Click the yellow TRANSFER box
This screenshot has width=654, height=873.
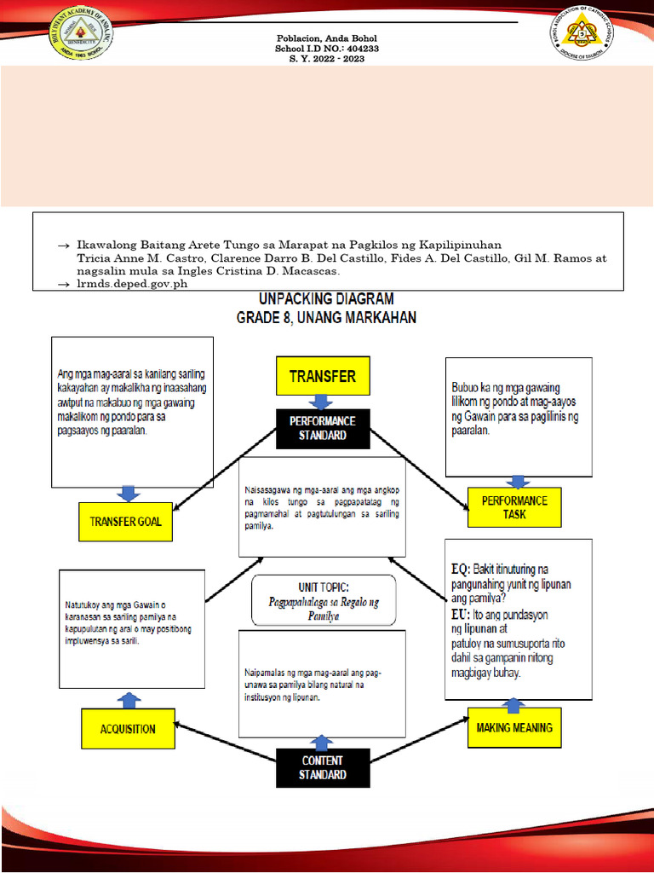(323, 376)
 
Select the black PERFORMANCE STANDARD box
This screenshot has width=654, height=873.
(323, 428)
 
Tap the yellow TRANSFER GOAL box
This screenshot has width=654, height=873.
(125, 522)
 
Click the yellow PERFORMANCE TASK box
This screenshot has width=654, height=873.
(514, 507)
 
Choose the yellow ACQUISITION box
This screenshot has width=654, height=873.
(128, 729)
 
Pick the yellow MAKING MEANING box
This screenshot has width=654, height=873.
(514, 727)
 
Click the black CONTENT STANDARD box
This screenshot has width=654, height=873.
(323, 767)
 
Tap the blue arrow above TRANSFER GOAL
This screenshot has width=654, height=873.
(127, 493)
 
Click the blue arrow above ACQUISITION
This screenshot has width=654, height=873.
(129, 700)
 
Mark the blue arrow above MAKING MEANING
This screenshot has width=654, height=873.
(514, 705)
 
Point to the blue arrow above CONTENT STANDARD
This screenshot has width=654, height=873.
(322, 743)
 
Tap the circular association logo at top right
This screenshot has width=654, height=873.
(584, 33)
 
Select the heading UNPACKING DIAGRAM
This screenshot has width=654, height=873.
(326, 299)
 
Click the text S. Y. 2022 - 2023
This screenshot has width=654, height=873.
(326, 59)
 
